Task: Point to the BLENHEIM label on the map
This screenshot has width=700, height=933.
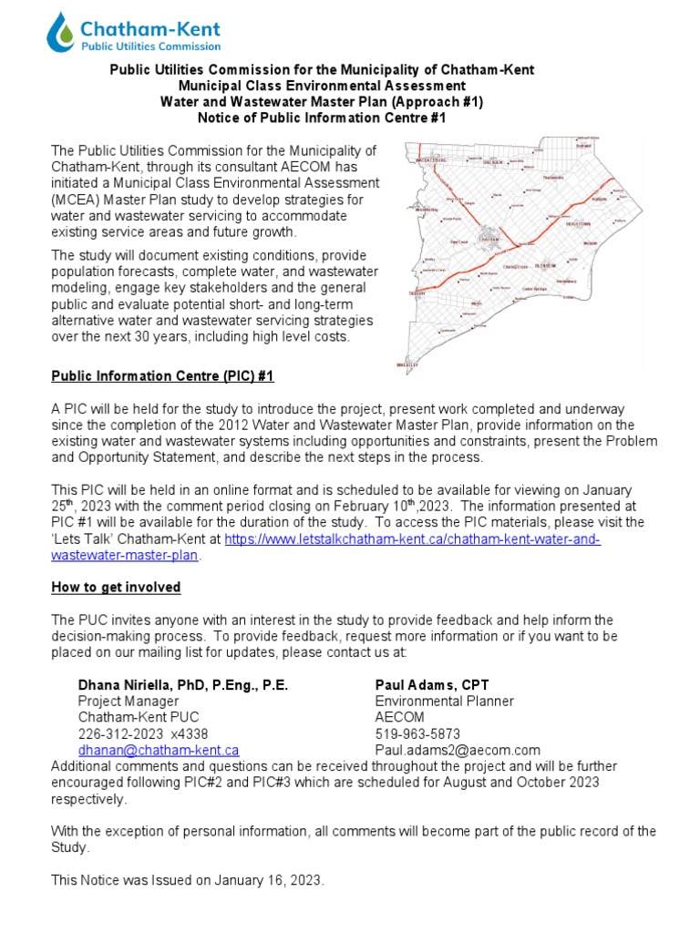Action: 545,266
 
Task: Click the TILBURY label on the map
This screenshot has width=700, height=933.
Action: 418,294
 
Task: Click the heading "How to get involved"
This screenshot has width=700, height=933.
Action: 116,587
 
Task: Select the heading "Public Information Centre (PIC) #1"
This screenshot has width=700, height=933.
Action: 162,375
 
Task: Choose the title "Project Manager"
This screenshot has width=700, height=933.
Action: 128,701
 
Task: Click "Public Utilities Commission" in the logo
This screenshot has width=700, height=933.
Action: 149,46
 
